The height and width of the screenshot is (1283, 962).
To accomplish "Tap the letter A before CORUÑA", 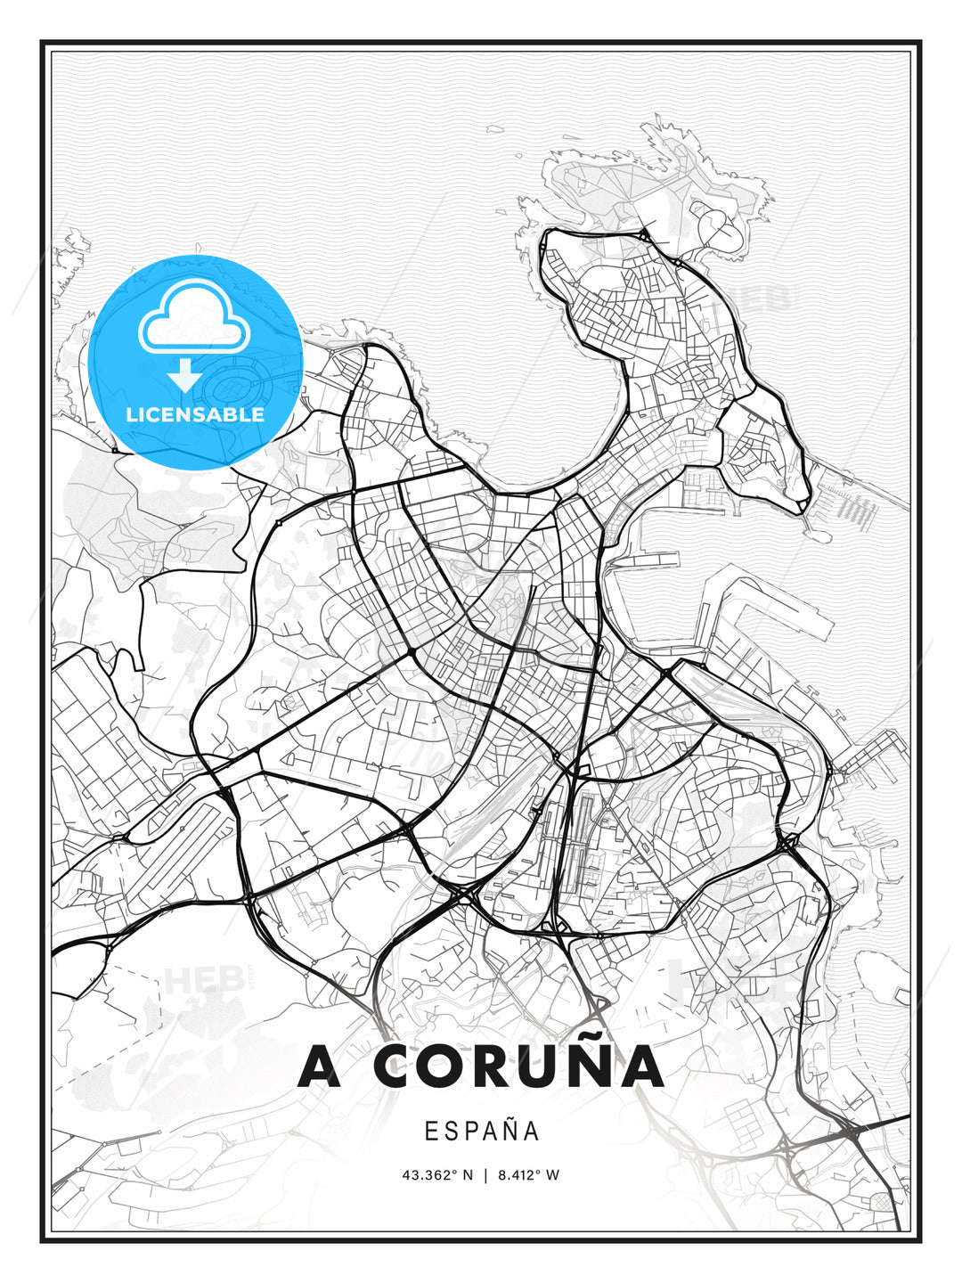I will click(320, 1066).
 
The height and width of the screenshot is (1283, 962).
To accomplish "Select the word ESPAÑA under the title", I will click(481, 1131).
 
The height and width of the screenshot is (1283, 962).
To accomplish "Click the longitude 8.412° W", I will click(527, 1175).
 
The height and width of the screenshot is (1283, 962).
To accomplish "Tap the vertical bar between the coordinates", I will click(485, 1175).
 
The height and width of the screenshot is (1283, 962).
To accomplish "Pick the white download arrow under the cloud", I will click(185, 375).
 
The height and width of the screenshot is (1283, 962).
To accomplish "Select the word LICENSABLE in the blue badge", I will click(195, 414).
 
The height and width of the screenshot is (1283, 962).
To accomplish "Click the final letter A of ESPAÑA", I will click(530, 1131).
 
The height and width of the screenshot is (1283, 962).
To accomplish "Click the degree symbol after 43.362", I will click(452, 1172).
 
